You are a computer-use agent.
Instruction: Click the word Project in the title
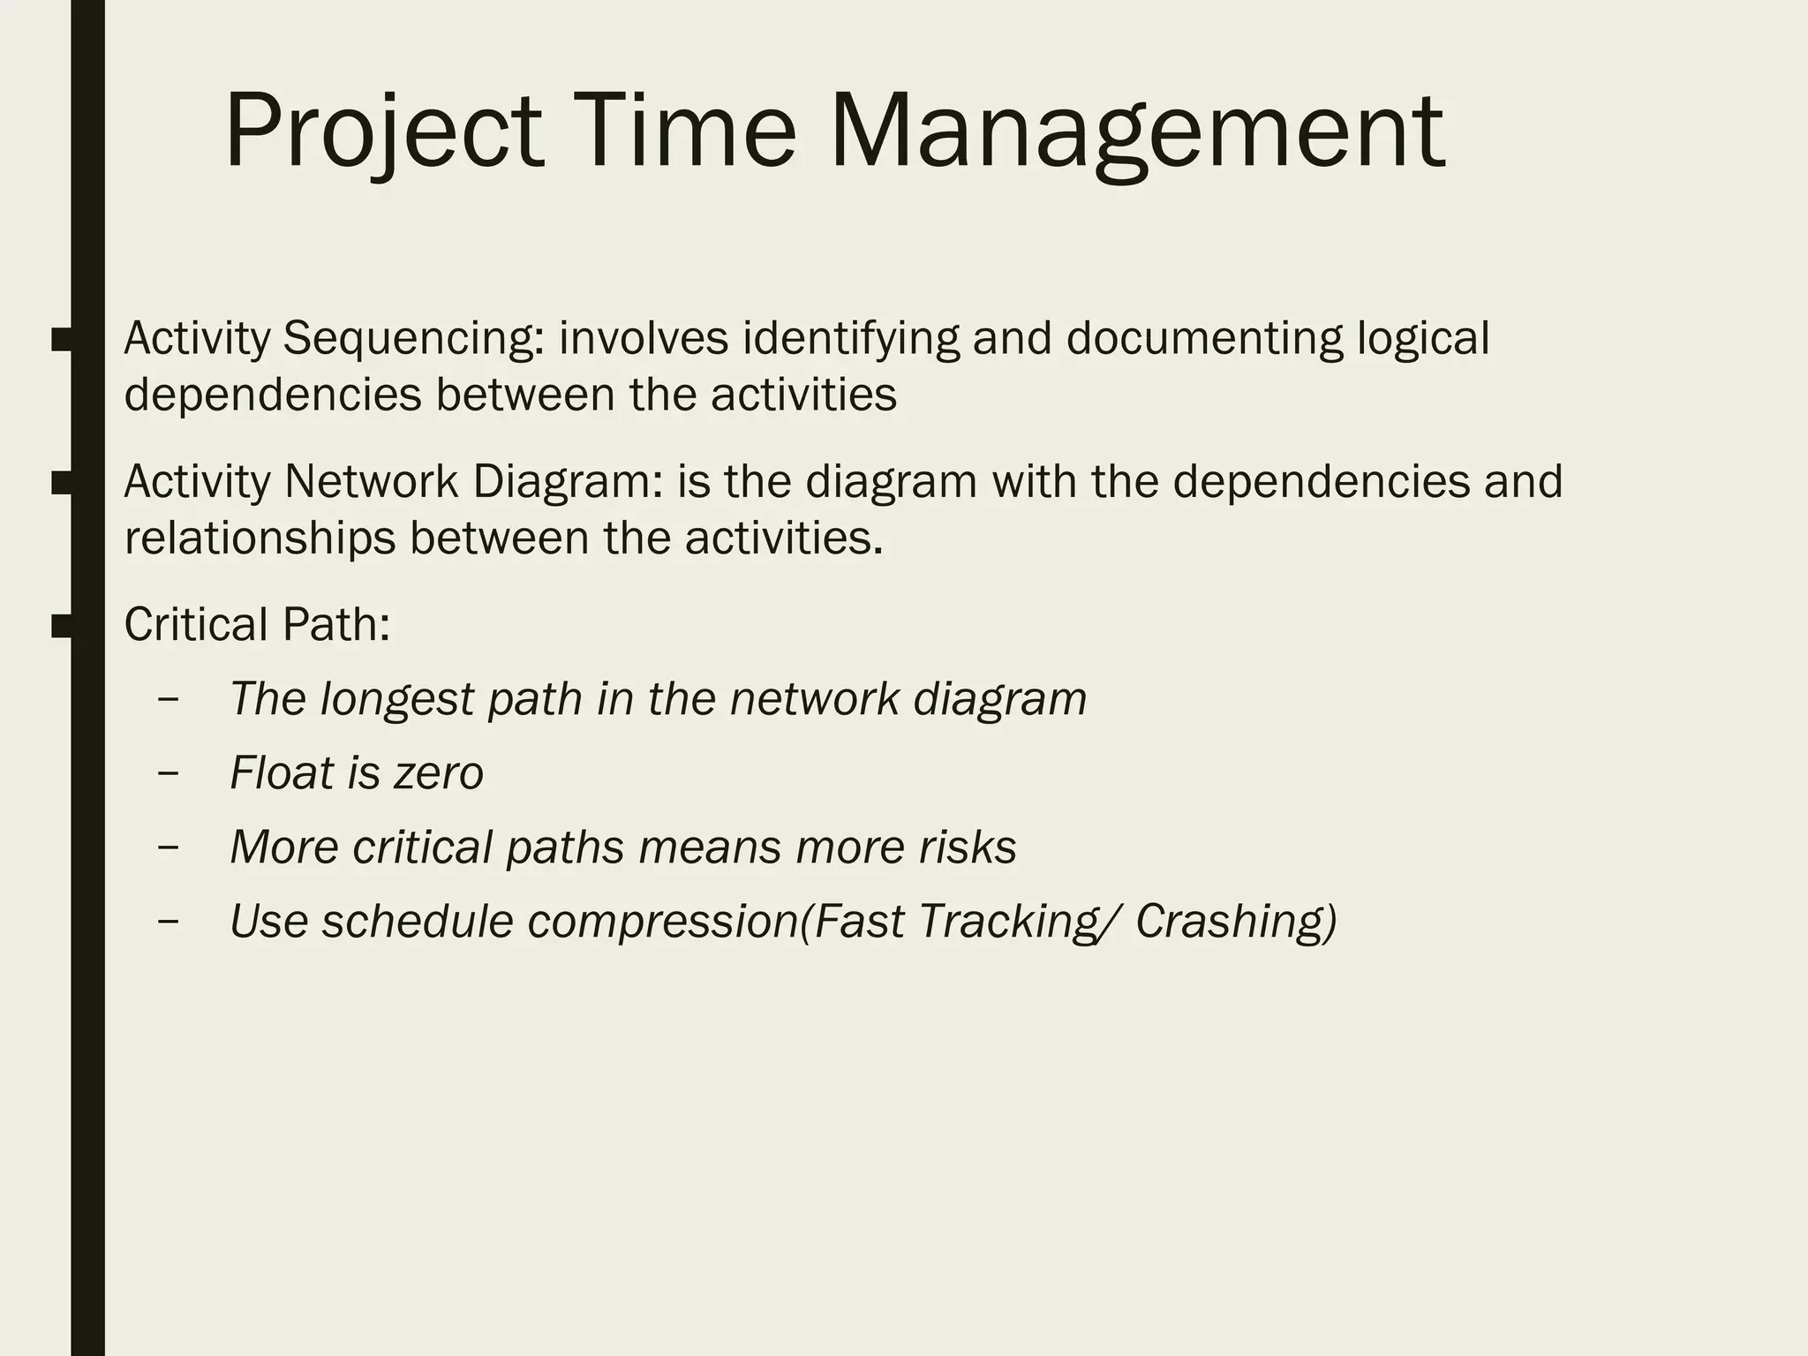[x=383, y=132]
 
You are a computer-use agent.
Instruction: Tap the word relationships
[x=260, y=539]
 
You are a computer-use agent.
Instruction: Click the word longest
[x=397, y=699]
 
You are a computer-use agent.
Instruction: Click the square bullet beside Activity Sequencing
[x=62, y=340]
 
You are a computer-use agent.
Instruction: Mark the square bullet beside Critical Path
[x=62, y=626]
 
